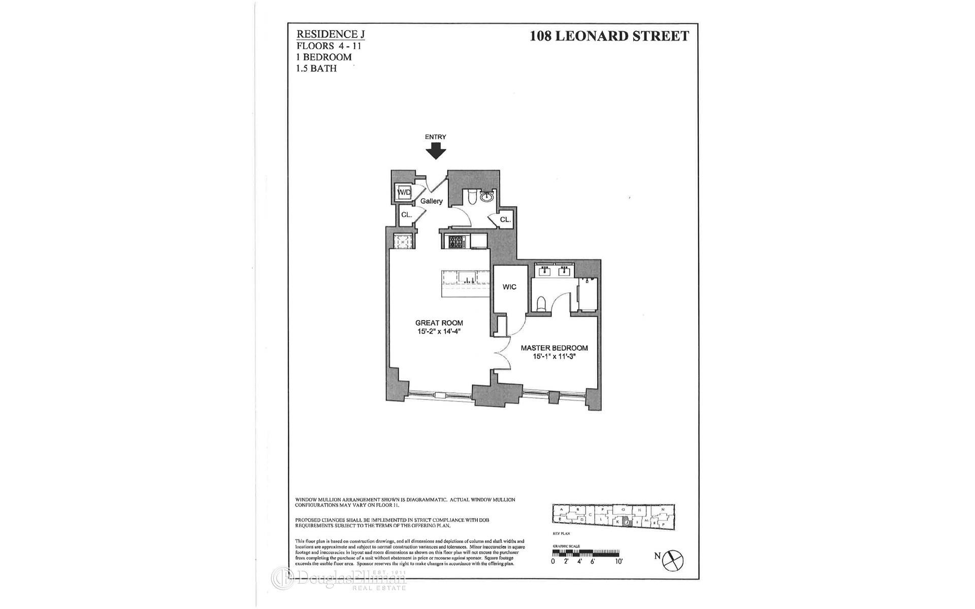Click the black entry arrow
pos(435,151)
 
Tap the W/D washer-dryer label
pos(404,193)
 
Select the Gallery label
pos(432,201)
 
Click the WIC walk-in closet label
pos(509,287)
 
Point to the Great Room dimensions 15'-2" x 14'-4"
pos(439,332)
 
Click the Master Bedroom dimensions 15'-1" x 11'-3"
pos(554,357)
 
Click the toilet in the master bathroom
pos(541,303)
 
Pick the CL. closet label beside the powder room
pos(505,220)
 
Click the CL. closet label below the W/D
pos(406,215)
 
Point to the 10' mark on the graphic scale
pos(618,561)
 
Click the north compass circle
pos(674,560)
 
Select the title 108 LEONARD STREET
pos(609,36)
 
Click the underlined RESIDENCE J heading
pos(331,34)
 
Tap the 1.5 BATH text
pos(316,68)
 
